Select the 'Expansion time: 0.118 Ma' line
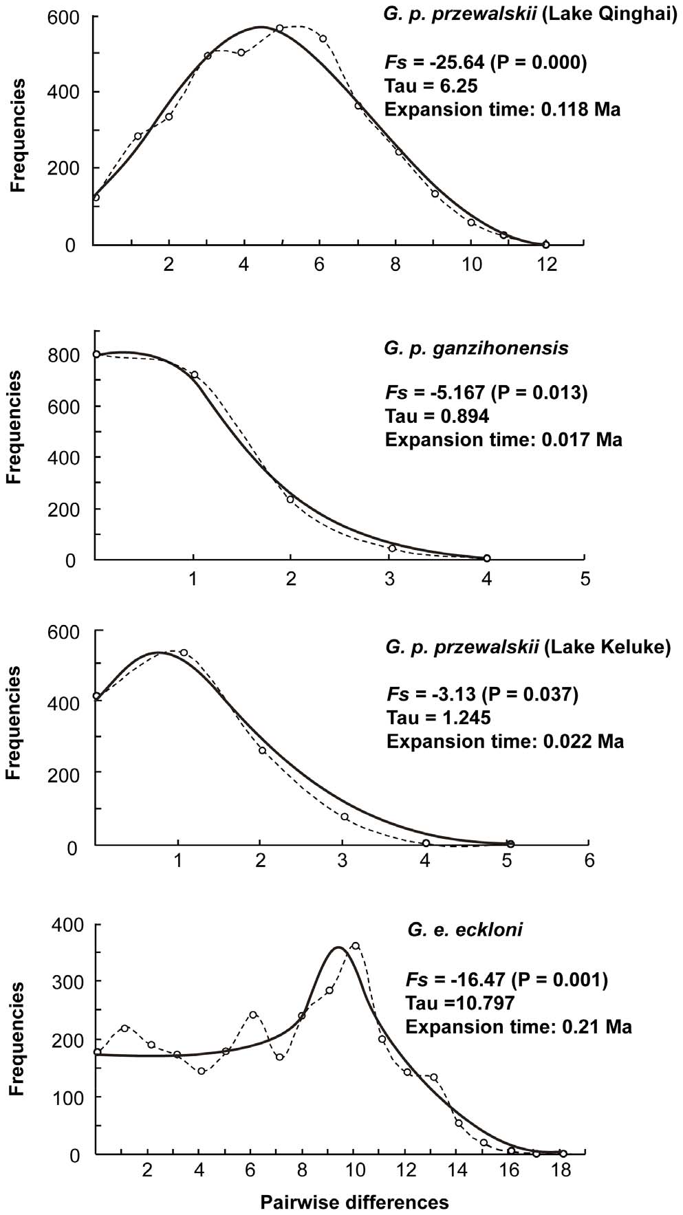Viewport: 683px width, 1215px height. coord(503,109)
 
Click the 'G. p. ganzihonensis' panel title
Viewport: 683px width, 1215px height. coord(477,348)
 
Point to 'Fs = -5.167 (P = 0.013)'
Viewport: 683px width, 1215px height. coord(486,393)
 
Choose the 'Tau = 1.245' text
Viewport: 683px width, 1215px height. coord(439,718)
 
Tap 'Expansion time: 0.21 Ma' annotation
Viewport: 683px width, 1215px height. coord(519,1027)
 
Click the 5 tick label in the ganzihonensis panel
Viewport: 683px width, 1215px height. coord(585,579)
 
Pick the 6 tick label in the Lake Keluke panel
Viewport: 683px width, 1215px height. coord(589,860)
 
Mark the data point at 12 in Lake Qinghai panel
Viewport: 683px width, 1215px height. coord(546,244)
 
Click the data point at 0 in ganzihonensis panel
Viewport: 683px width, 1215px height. coord(96,354)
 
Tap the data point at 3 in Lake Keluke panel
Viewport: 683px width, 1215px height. coord(344,817)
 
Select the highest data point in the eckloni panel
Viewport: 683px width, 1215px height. coord(355,946)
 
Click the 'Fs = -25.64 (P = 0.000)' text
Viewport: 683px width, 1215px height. coord(485,64)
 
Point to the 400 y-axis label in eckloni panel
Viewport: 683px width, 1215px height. coord(70,925)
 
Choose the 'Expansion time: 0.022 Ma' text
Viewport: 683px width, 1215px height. coord(505,741)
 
